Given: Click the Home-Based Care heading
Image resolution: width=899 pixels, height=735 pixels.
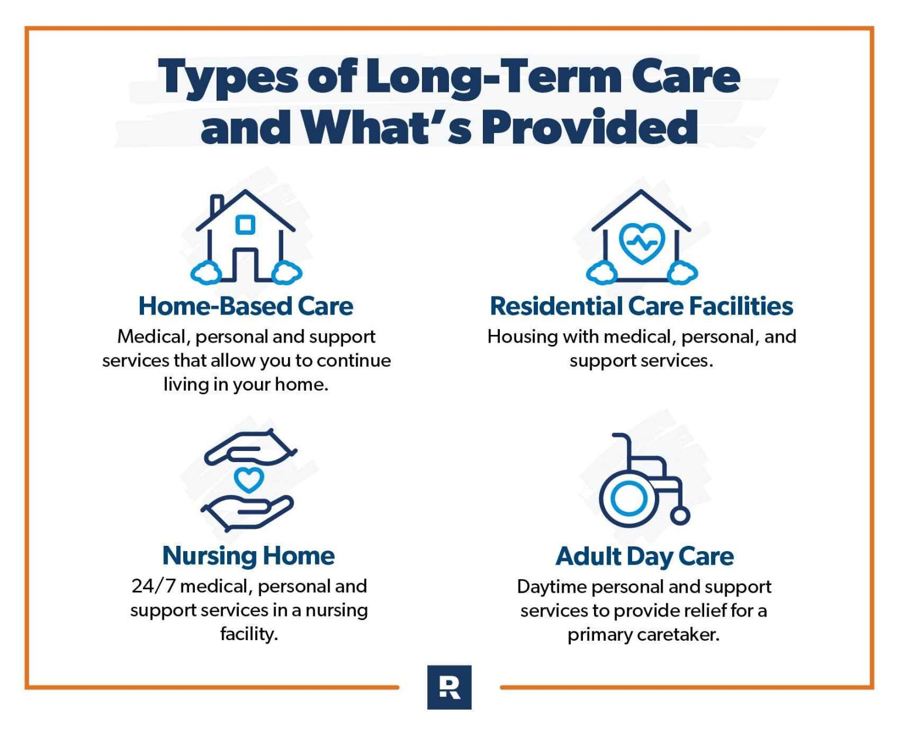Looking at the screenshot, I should [x=246, y=306].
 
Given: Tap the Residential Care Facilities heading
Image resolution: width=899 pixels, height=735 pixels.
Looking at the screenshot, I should [x=641, y=306].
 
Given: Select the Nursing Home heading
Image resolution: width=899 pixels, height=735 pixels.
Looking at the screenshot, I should [x=248, y=556].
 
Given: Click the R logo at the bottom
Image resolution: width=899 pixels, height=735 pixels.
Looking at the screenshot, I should [x=449, y=687].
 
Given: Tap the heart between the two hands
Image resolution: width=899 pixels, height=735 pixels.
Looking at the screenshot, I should [x=249, y=480].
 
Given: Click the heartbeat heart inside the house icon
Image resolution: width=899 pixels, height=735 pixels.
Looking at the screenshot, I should [x=641, y=241].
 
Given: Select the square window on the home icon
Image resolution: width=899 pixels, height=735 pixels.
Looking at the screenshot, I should [x=245, y=225].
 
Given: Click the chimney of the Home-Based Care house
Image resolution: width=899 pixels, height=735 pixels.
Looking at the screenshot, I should [x=217, y=205].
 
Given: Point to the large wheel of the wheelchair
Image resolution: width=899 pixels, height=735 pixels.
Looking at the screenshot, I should [x=628, y=499].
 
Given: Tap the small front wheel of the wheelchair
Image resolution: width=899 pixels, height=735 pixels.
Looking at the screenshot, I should [x=680, y=516].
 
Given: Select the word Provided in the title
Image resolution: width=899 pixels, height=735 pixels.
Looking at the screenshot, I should [x=589, y=128].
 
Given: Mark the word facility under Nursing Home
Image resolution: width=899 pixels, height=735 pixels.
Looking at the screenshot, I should [x=248, y=634].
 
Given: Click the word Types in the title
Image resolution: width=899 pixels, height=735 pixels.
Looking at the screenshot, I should [x=228, y=77].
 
